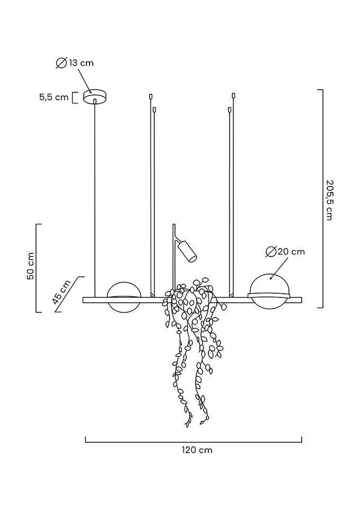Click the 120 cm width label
tap(197, 450)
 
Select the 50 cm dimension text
tap(31, 266)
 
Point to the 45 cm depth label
tap(62, 292)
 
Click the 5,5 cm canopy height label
tap(54, 97)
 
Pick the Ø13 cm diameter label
tap(75, 63)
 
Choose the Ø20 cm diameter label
tap(285, 252)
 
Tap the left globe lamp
tap(124, 297)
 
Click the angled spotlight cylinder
tap(187, 251)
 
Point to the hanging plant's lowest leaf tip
tap(187, 425)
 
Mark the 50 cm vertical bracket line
tap(37, 268)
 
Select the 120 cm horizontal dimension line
tap(194, 441)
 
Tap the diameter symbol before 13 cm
tap(61, 63)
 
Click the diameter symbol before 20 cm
tap(270, 252)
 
